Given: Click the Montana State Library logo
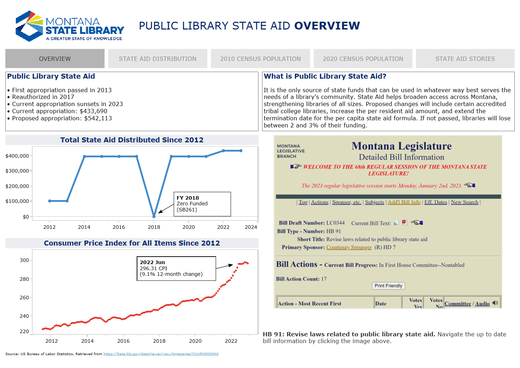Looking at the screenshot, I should tap(70, 26).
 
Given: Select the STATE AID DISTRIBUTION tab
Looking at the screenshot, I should tap(158, 59).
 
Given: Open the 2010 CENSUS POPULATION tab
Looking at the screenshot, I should tap(260, 59).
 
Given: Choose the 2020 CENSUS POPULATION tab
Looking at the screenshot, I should tap(363, 59).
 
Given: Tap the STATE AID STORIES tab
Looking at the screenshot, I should tap(465, 59).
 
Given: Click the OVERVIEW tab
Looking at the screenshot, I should tap(55, 59).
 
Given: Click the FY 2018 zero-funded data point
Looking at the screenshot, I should tap(154, 216).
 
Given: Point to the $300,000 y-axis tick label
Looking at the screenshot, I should tap(17, 171).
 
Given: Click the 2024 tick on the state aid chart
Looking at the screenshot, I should tap(251, 227).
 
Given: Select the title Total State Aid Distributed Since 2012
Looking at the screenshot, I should tap(132, 140).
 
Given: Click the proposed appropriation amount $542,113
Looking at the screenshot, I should tap(98, 118).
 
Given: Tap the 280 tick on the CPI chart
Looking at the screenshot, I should tap(24, 279).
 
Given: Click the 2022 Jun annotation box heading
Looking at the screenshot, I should tap(152, 262).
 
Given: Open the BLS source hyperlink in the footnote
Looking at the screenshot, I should tap(161, 354).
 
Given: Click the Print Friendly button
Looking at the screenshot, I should tap(388, 286).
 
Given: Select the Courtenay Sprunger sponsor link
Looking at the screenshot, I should tap(349, 247).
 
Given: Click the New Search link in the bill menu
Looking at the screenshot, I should tap(464, 202).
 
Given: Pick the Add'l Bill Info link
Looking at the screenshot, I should tap(404, 202).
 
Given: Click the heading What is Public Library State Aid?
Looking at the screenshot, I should tap(325, 76).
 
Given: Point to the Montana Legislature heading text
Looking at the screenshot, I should tap(401, 146).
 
